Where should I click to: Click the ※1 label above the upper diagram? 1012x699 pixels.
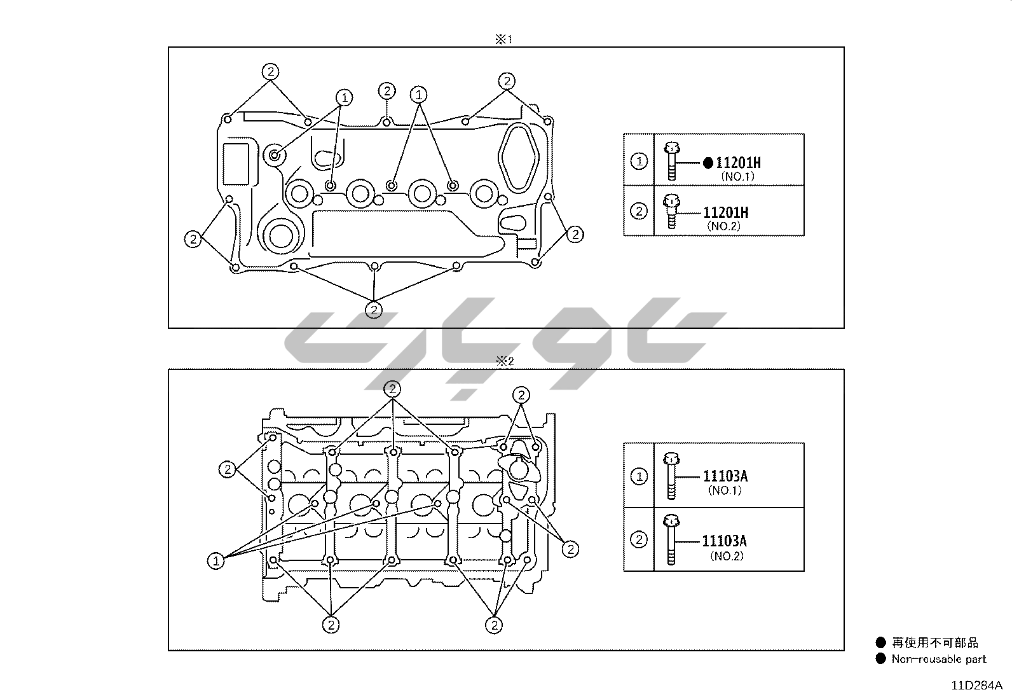503,39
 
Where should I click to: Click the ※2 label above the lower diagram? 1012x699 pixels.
504,361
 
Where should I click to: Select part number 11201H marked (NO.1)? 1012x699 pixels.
737,163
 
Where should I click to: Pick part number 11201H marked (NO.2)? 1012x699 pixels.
725,212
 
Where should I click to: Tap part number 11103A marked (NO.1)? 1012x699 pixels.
725,476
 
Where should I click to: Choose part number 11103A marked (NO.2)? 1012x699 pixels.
724,541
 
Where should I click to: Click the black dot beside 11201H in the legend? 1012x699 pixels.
708,163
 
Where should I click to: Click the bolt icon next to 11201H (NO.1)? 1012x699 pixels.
671,162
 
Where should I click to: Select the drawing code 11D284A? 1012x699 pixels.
976,686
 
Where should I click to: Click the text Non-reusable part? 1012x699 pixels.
938,659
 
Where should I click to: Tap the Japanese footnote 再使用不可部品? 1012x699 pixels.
935,643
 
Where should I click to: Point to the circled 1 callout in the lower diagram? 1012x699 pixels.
216,561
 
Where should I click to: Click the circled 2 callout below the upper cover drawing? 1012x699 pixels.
374,310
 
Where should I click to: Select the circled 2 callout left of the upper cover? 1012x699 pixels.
193,239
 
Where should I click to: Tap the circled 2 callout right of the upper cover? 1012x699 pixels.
575,235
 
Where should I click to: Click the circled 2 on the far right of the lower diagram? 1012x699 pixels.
570,549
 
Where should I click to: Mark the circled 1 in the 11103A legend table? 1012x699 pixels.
639,476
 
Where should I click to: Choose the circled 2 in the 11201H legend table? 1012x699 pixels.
639,211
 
